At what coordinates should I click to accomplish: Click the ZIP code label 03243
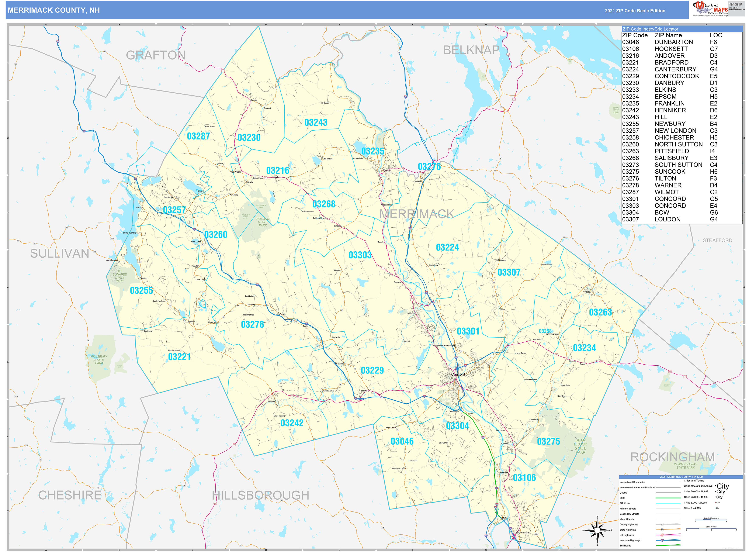[x=316, y=123]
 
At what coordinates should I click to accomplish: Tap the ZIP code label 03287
[x=198, y=136]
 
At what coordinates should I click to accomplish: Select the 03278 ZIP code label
[x=252, y=324]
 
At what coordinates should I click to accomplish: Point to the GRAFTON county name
[x=155, y=55]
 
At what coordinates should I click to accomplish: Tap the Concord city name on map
[x=458, y=374]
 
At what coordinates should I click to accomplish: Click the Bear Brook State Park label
[x=580, y=446]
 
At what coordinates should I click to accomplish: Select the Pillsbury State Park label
[x=99, y=359]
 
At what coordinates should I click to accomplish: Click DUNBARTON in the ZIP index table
[x=673, y=42]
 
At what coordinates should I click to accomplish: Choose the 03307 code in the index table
[x=630, y=219]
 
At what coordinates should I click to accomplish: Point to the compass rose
[x=597, y=530]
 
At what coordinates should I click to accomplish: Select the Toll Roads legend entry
[x=625, y=545]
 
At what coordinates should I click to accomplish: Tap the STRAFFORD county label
[x=717, y=240]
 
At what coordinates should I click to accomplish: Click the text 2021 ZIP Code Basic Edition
[x=635, y=11]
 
